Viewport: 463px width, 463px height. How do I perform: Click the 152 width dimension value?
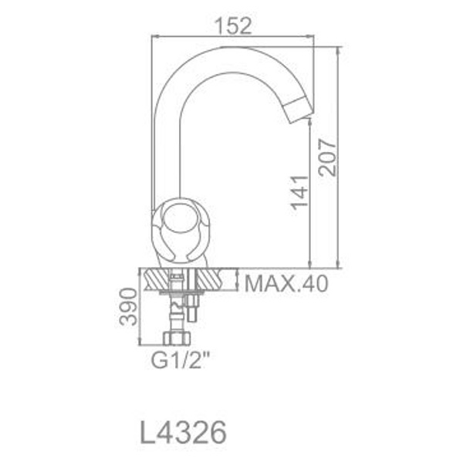(x=233, y=25)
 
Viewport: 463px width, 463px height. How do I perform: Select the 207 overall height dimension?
(x=327, y=157)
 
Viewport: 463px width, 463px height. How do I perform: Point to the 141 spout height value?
(x=299, y=193)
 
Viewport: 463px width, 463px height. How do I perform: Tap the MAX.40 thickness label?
(x=286, y=283)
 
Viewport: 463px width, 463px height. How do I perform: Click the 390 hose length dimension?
(x=128, y=307)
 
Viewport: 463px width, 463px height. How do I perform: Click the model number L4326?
(x=183, y=432)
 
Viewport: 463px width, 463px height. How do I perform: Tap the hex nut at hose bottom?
(x=177, y=338)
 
